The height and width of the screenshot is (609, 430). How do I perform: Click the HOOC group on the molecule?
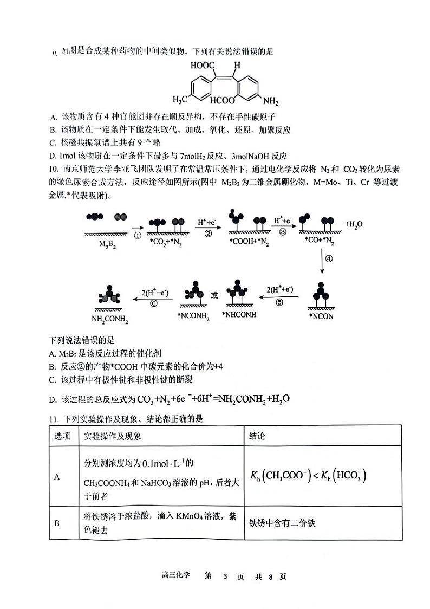[x=201, y=66]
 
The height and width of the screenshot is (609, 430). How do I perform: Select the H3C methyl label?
[x=181, y=100]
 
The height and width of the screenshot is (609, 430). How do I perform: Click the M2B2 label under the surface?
[x=107, y=244]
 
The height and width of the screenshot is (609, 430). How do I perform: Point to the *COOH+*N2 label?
[x=246, y=241]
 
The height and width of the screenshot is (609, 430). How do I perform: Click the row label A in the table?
[x=57, y=476]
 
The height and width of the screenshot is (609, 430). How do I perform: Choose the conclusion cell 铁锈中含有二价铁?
[x=282, y=523]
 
